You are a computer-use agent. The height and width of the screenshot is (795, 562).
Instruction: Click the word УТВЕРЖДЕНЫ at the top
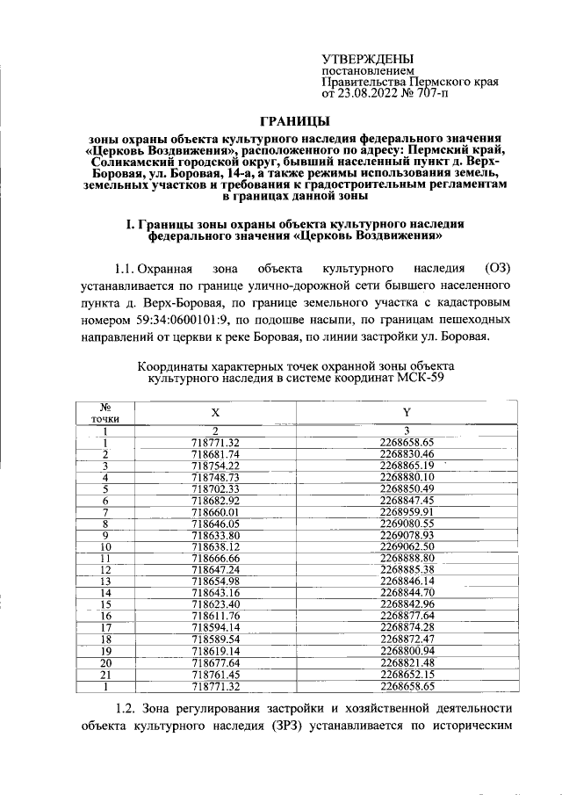[x=369, y=58]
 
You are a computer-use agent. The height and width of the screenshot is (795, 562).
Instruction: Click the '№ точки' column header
[x=104, y=412]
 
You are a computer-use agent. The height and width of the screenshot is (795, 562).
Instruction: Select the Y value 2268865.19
[x=407, y=465]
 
